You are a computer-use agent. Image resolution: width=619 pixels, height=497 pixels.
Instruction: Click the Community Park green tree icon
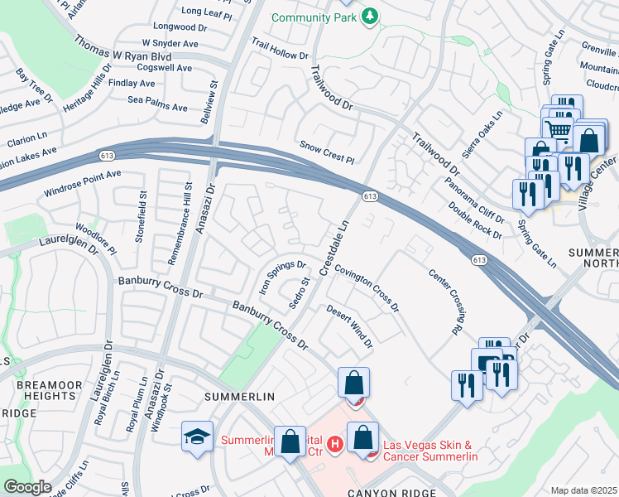(372, 16)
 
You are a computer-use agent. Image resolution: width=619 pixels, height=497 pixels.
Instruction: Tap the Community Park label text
(316, 17)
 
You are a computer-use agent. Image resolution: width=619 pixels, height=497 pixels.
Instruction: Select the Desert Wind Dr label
(349, 326)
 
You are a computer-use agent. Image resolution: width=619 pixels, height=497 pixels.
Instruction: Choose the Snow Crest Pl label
(327, 151)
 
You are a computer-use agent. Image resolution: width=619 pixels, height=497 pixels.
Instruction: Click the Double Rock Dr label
(475, 220)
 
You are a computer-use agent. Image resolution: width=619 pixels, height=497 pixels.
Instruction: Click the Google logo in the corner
(27, 487)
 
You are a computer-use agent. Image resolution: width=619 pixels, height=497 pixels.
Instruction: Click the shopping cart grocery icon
(558, 128)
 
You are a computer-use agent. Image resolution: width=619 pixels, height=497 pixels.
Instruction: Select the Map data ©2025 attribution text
(583, 490)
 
